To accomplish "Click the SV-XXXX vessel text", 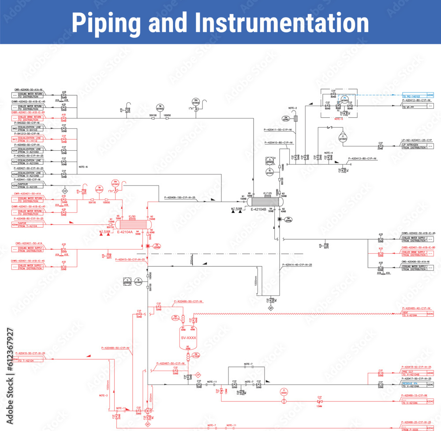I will (188, 337).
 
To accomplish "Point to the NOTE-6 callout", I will (83, 167).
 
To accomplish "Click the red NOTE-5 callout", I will (339, 119).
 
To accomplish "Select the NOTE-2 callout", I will (293, 108).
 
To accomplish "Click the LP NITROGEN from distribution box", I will (414, 146).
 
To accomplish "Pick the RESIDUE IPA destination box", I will (414, 384).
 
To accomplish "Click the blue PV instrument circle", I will (345, 99).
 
